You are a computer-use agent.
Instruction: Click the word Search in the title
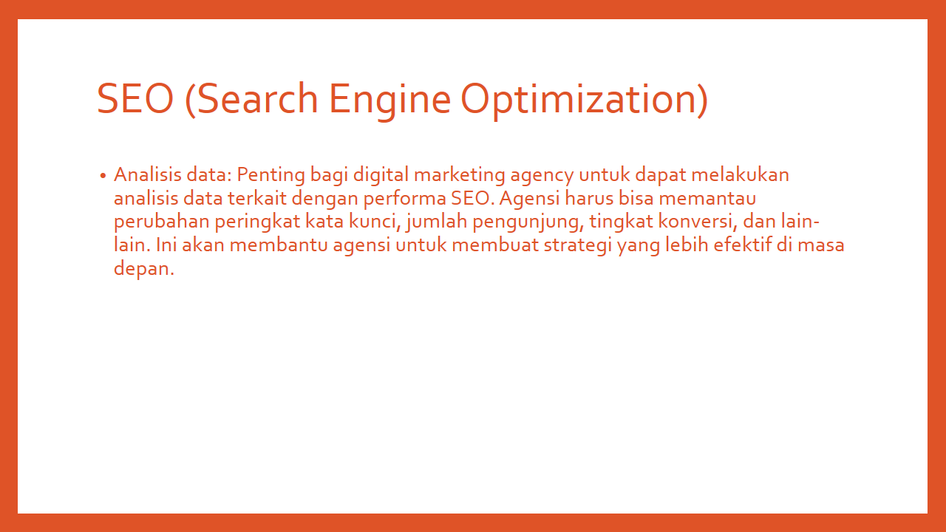click(257, 99)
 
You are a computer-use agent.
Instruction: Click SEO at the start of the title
click(135, 99)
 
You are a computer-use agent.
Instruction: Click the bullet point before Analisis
click(103, 176)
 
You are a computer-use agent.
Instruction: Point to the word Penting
click(270, 175)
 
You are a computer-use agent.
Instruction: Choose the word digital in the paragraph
click(381, 175)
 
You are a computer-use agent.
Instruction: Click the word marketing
click(460, 175)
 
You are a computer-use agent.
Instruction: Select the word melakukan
click(740, 174)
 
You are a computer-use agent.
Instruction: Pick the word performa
click(404, 199)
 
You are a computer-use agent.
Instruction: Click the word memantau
click(707, 199)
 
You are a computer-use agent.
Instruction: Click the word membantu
click(279, 245)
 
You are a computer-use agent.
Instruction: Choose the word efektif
click(743, 245)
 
